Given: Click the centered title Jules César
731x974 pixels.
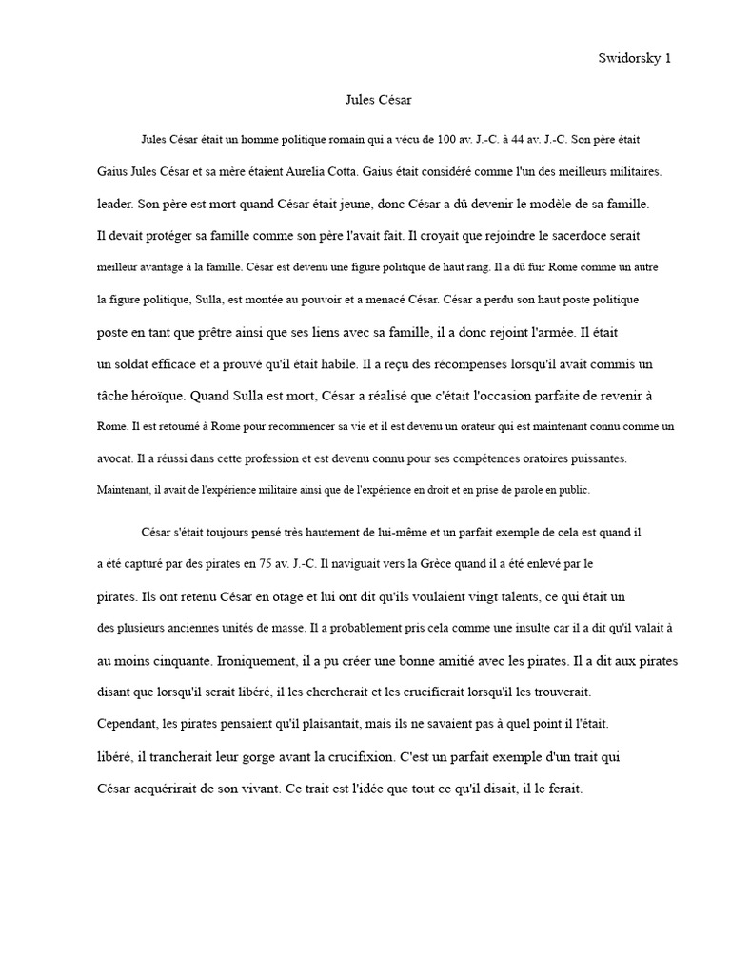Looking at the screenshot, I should [x=378, y=98].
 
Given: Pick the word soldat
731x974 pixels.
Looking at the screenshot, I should [x=136, y=363].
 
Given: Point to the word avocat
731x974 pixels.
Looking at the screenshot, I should [x=115, y=458].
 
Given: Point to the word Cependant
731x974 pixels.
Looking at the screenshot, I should [x=128, y=724].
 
